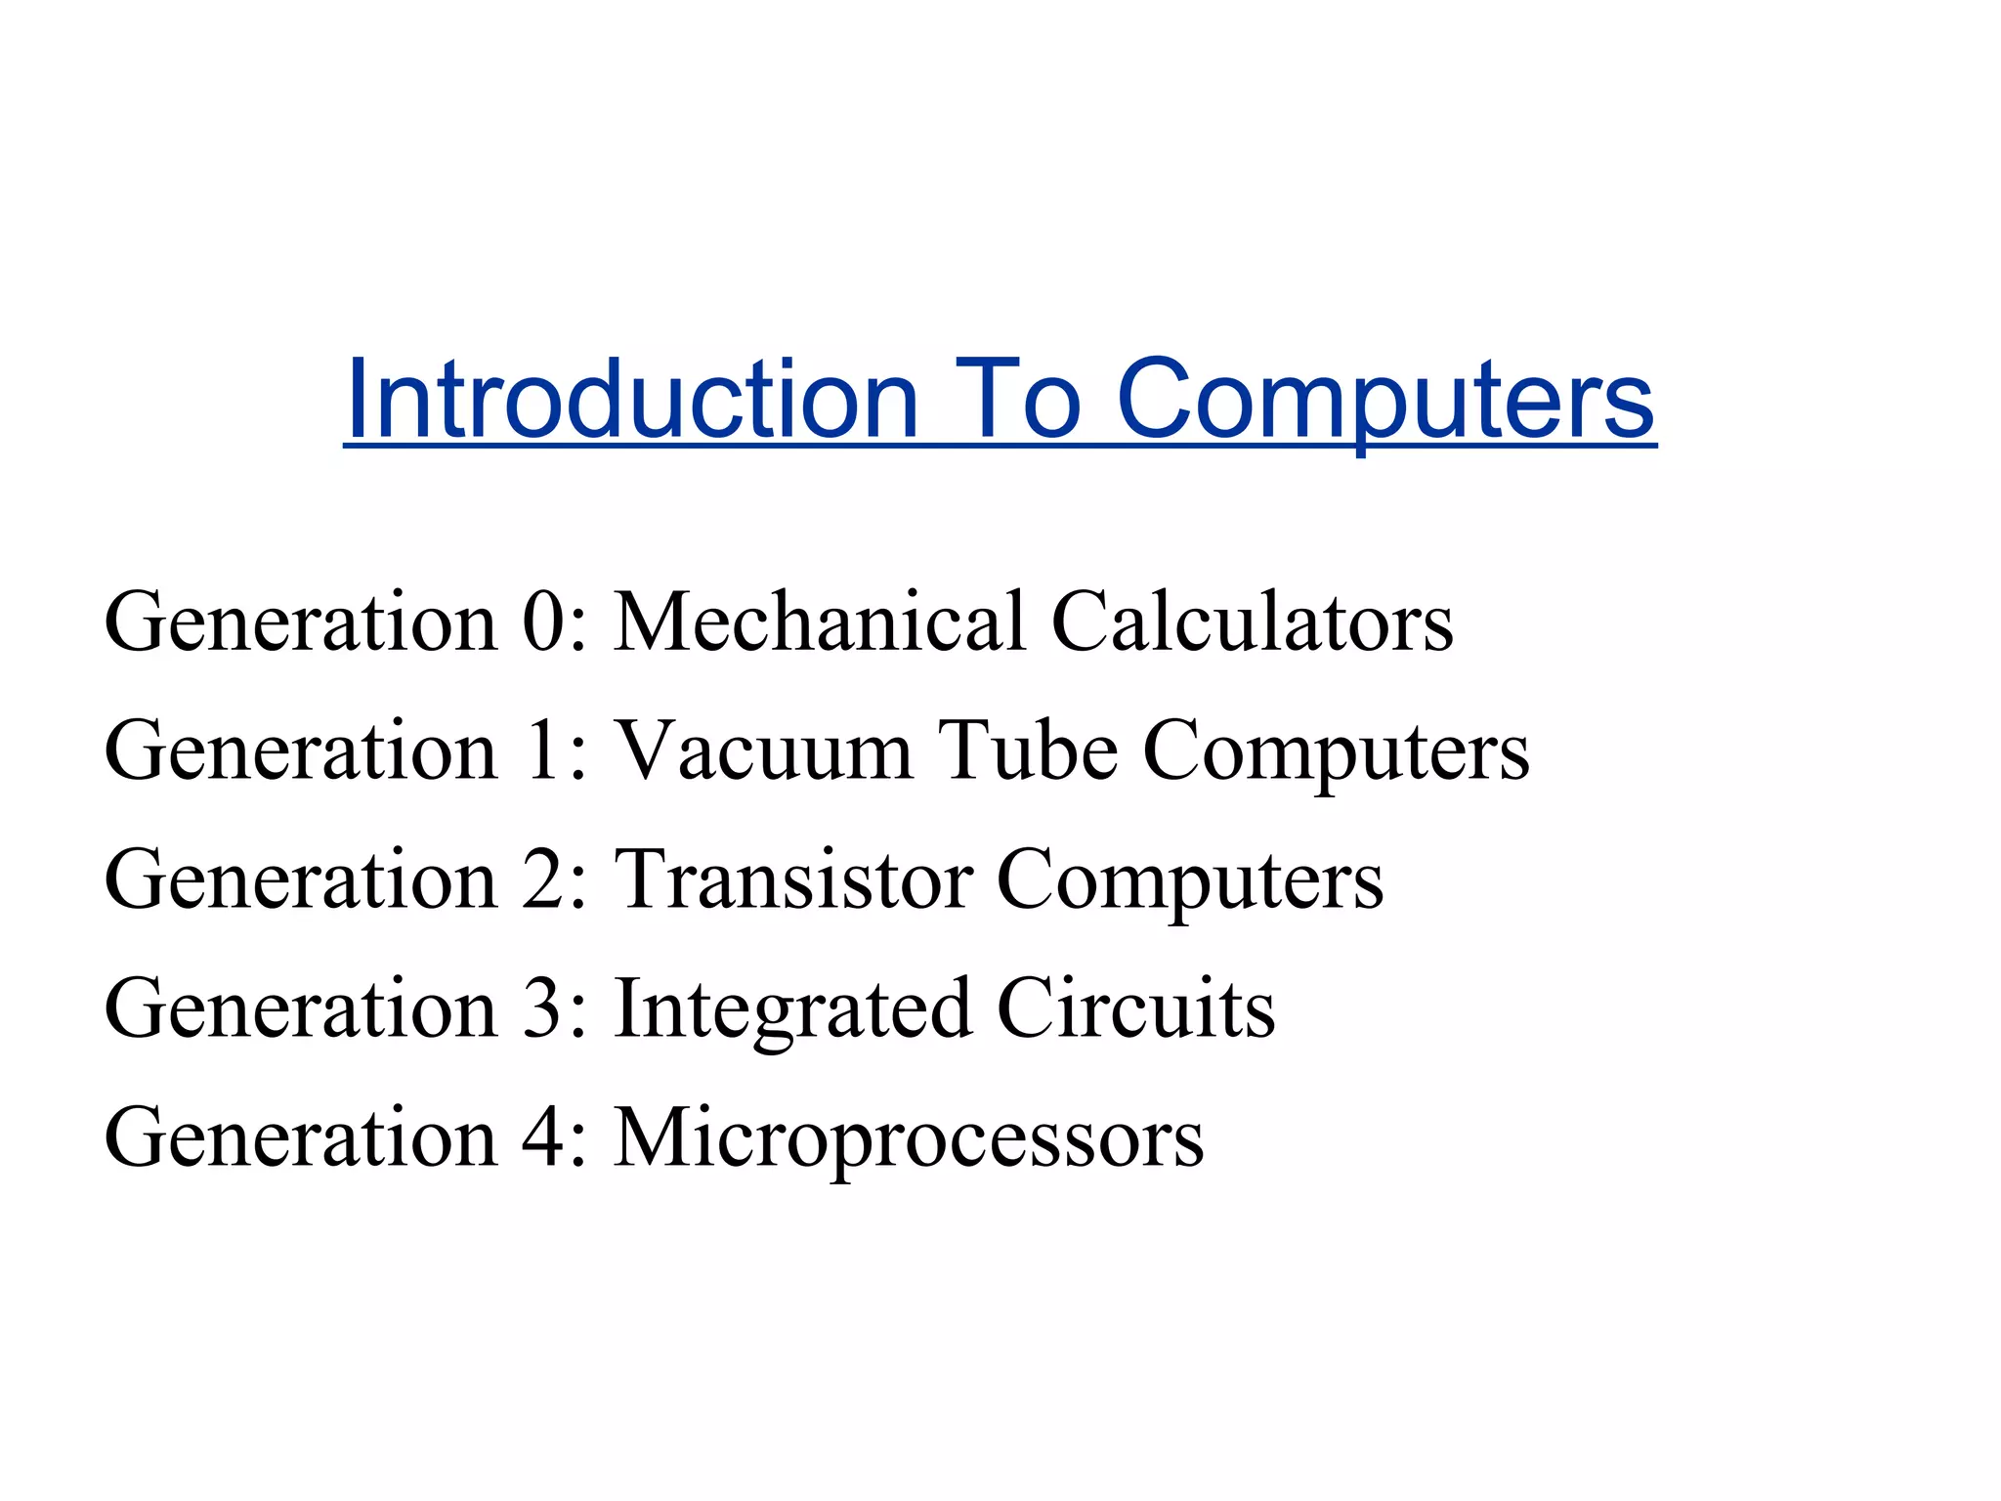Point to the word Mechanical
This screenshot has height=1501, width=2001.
tap(820, 622)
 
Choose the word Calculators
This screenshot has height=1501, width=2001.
tap(1252, 622)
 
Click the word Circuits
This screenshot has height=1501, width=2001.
tap(1135, 1009)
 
